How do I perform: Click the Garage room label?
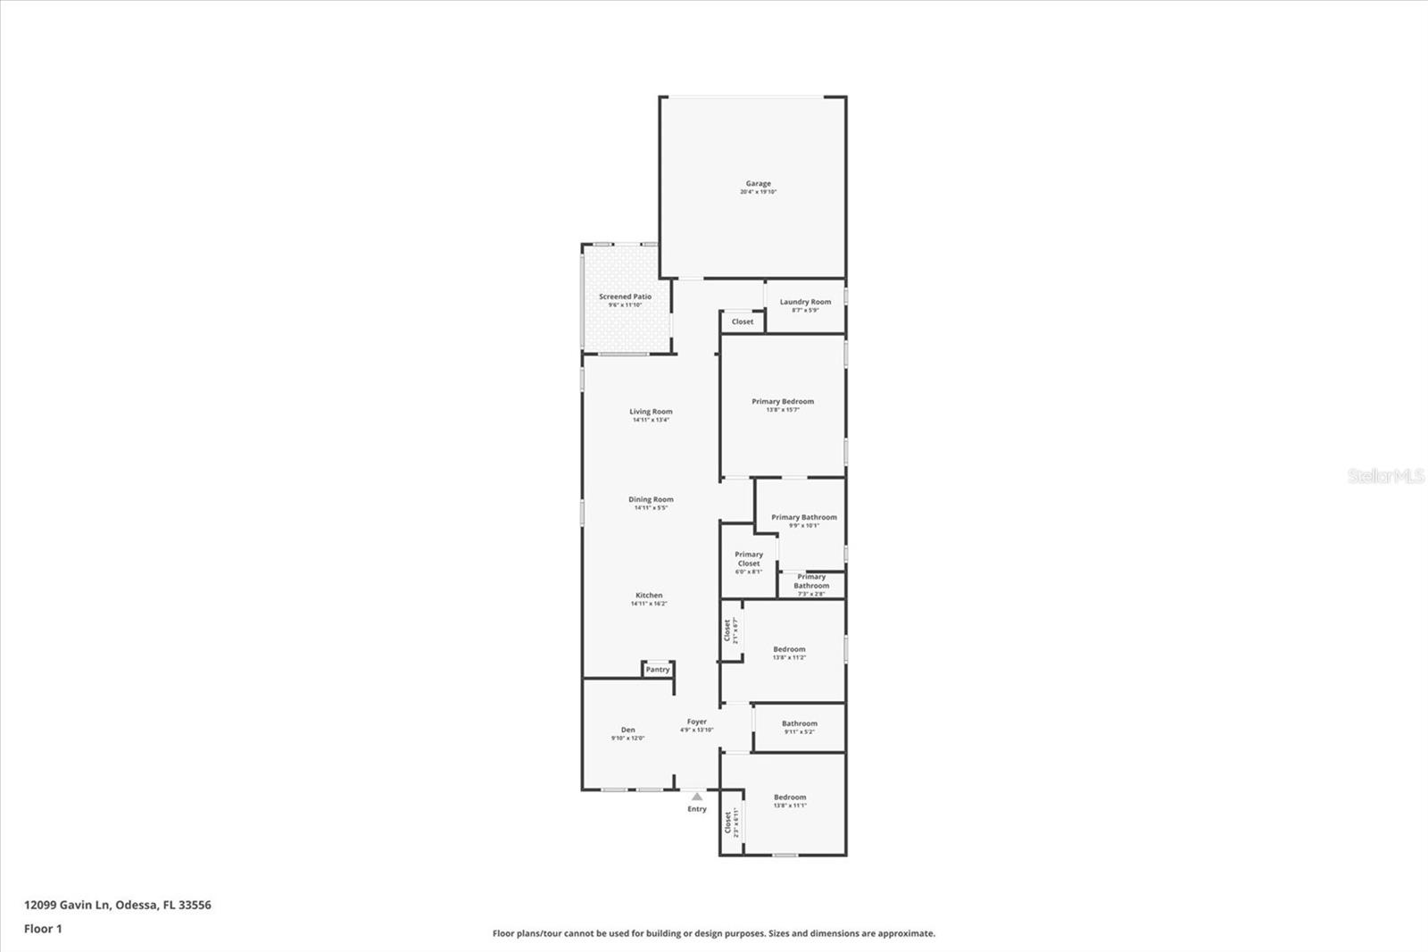(x=759, y=184)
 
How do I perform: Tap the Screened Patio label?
(x=625, y=296)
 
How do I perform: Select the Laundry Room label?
(x=805, y=302)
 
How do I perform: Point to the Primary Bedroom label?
(x=783, y=402)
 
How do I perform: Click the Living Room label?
(x=651, y=412)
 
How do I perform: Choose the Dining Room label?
(x=651, y=500)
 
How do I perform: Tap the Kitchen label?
(x=649, y=596)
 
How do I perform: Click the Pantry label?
(x=658, y=670)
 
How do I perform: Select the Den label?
(x=628, y=730)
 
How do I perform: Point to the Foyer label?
(x=696, y=722)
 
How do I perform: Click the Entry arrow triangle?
(x=697, y=796)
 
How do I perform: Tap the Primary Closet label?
(x=749, y=559)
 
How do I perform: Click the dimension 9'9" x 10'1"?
(x=804, y=526)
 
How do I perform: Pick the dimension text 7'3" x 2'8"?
(x=811, y=594)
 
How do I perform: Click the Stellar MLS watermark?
(x=1386, y=476)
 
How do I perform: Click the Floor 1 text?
(x=43, y=929)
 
